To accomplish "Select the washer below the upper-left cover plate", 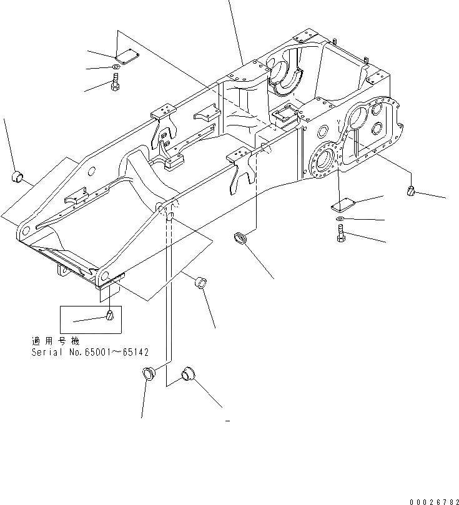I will (117, 67).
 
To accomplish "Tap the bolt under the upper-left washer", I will (116, 82).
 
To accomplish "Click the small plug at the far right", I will (412, 191).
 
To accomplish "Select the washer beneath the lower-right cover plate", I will (338, 219).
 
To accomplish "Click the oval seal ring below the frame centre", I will (240, 238).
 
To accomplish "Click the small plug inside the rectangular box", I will (109, 316).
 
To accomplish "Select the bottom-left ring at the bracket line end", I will (148, 375).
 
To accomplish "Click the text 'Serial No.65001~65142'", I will (90, 352).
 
